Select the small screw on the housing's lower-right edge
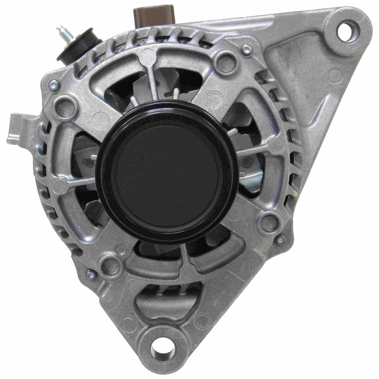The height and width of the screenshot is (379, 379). point(282,238)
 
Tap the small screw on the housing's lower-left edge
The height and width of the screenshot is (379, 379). point(90,274)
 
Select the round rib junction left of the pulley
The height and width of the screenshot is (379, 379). point(58,183)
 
